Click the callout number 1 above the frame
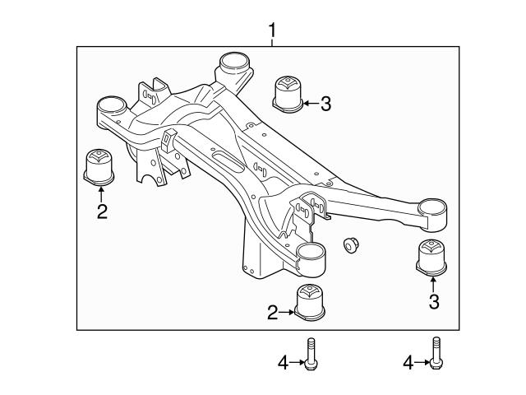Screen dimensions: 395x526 (272, 31)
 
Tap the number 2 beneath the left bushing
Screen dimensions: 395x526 (101, 211)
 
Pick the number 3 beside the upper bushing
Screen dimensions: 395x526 (325, 104)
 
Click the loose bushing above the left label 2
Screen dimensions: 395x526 (100, 165)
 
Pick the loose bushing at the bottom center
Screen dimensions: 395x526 (311, 302)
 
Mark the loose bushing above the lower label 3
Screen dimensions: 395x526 (433, 257)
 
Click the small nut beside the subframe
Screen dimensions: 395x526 (351, 246)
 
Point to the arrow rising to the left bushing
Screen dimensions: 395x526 (100, 193)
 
